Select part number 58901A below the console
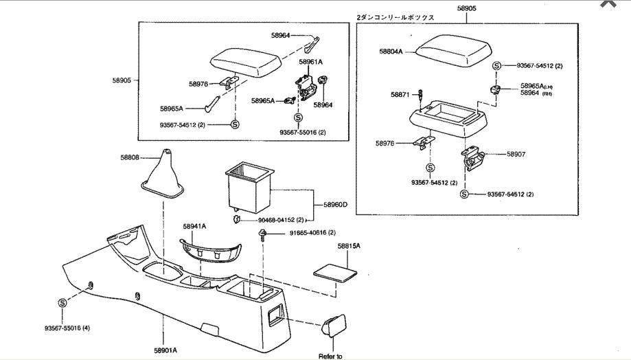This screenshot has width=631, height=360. point(164,350)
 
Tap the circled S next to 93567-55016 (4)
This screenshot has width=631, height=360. point(62,302)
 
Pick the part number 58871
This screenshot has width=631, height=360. point(400,94)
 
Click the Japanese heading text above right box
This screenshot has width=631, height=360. point(395,16)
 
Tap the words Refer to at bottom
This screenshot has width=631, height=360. point(330,355)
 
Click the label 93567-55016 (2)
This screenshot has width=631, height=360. point(303,132)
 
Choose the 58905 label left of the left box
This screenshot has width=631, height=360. point(122,80)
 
